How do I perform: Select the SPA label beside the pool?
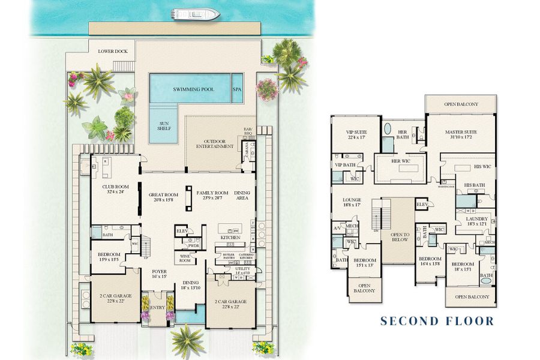click(237, 89)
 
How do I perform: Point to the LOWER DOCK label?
click(114, 52)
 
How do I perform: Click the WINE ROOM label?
click(185, 259)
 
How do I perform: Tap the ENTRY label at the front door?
click(157, 307)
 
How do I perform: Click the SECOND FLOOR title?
click(437, 321)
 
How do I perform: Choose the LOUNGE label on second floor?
click(351, 202)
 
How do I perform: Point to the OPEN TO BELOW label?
click(400, 236)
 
